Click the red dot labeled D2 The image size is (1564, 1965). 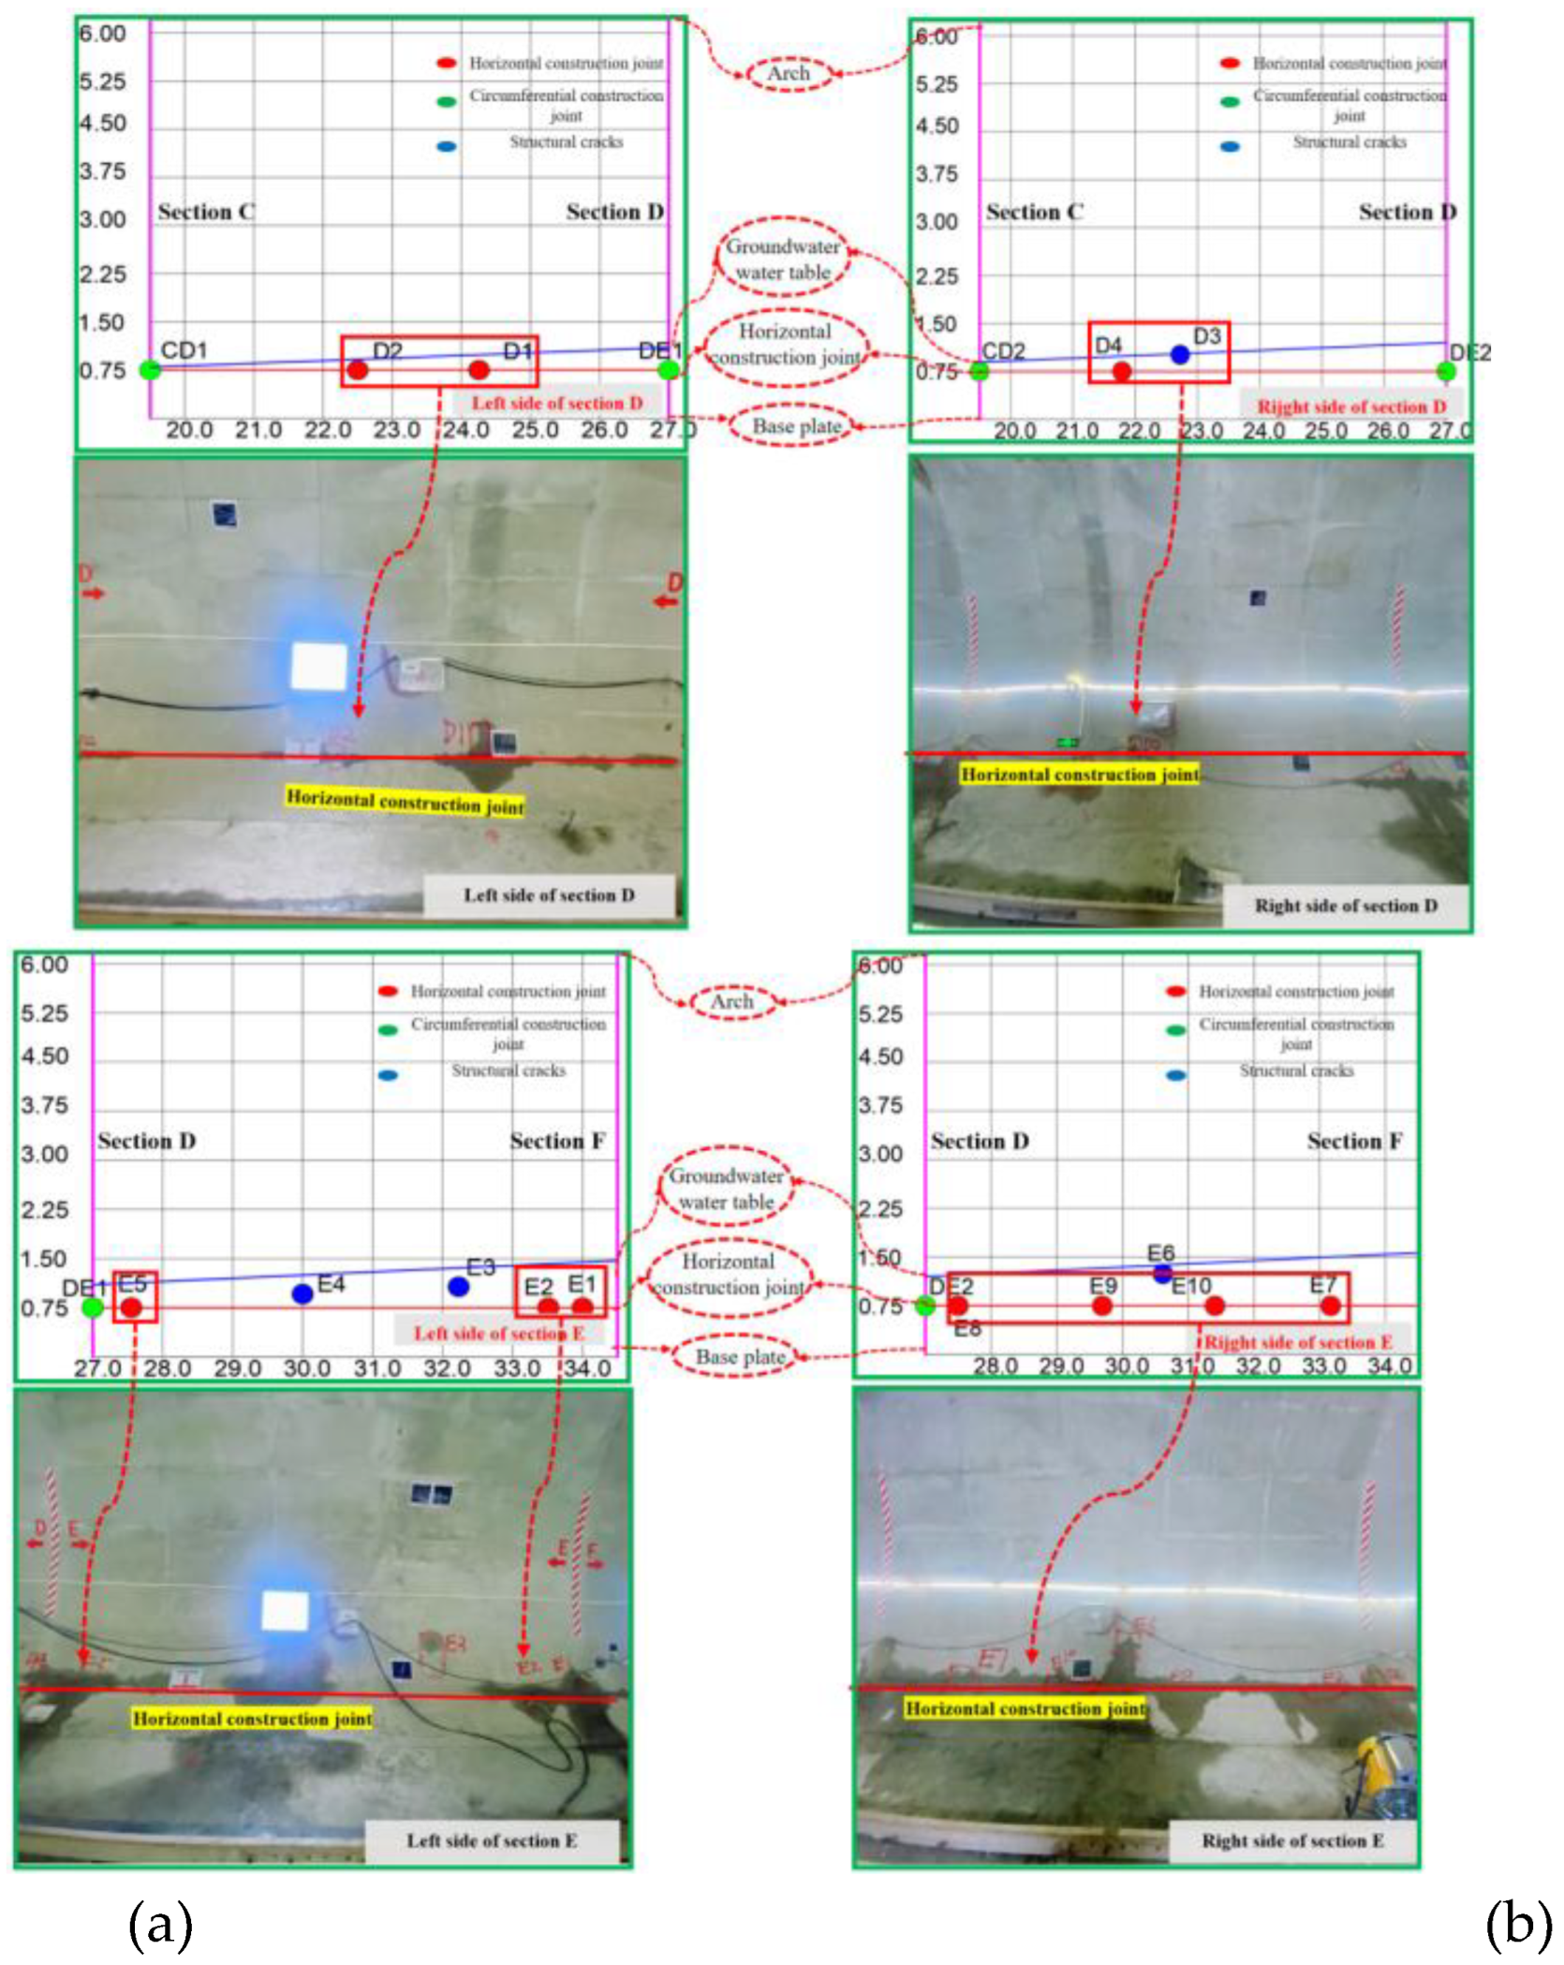(x=358, y=370)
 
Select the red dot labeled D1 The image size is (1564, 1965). (x=479, y=370)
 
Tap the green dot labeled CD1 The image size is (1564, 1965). (x=149, y=369)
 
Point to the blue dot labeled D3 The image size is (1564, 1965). (x=1180, y=354)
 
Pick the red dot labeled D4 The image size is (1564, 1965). (x=1122, y=371)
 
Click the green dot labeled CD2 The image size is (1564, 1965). (x=979, y=371)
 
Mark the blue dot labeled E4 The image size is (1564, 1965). (x=302, y=1293)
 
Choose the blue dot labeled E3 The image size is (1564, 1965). (x=458, y=1287)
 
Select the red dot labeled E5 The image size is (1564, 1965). (x=132, y=1307)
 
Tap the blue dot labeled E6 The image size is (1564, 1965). (x=1162, y=1273)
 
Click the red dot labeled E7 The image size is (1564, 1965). (x=1330, y=1306)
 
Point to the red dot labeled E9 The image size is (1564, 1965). (x=1102, y=1306)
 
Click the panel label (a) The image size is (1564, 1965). (x=160, y=1924)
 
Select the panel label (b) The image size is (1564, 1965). (x=1518, y=1924)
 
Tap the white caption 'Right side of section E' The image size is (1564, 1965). (x=1292, y=1840)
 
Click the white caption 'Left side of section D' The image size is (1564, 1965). (x=549, y=895)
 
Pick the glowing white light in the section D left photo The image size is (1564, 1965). (x=318, y=666)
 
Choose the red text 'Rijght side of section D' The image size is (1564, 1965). (x=1351, y=406)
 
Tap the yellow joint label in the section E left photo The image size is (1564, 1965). (x=252, y=1718)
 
